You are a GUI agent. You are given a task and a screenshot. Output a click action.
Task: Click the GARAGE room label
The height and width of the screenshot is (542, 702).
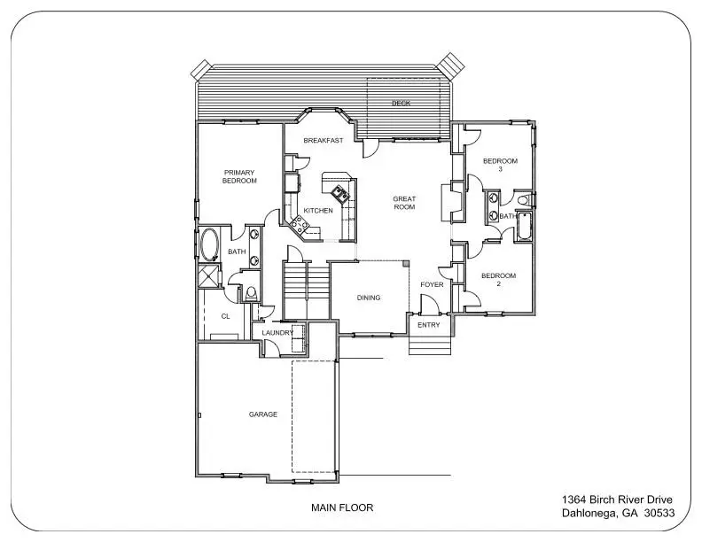click(x=262, y=414)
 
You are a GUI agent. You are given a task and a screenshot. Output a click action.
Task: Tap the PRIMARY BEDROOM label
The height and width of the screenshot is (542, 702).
click(x=239, y=176)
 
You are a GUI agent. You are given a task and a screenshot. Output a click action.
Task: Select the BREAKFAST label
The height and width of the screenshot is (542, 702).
click(x=324, y=141)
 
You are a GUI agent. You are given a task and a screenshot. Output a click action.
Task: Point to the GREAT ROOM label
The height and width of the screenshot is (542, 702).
click(x=404, y=203)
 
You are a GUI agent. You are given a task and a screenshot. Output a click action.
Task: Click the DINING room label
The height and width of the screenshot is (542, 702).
click(x=369, y=298)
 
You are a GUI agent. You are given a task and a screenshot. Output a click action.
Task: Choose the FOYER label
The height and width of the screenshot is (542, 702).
click(x=432, y=284)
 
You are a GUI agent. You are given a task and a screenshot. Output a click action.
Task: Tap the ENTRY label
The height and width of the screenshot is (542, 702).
click(x=429, y=325)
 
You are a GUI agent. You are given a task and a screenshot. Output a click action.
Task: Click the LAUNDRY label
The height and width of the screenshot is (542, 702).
click(x=277, y=333)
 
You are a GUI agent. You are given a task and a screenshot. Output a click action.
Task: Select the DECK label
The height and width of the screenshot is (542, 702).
click(x=402, y=104)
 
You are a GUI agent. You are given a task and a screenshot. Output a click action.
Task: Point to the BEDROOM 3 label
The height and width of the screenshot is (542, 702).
click(x=500, y=165)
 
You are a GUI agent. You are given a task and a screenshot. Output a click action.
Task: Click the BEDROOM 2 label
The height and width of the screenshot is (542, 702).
click(x=499, y=280)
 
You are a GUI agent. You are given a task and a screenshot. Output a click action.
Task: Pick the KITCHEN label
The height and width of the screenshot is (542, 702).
click(x=318, y=211)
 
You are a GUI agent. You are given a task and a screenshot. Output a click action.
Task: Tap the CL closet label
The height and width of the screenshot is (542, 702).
click(x=226, y=316)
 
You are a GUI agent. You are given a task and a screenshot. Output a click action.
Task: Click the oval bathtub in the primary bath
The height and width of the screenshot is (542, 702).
click(x=209, y=244)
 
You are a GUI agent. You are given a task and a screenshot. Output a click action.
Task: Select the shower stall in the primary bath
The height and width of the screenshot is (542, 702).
click(x=209, y=276)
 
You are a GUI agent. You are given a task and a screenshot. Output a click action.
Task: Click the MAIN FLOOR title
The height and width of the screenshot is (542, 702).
click(x=342, y=507)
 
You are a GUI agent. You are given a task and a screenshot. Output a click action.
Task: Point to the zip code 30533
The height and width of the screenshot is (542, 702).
click(x=659, y=513)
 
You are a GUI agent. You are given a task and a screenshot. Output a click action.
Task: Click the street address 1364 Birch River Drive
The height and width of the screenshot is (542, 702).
click(x=617, y=499)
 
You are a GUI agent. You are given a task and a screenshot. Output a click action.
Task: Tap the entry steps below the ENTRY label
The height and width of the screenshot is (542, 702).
click(x=430, y=345)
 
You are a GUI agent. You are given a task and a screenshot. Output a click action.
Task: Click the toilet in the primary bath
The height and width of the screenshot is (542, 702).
click(x=251, y=293)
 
